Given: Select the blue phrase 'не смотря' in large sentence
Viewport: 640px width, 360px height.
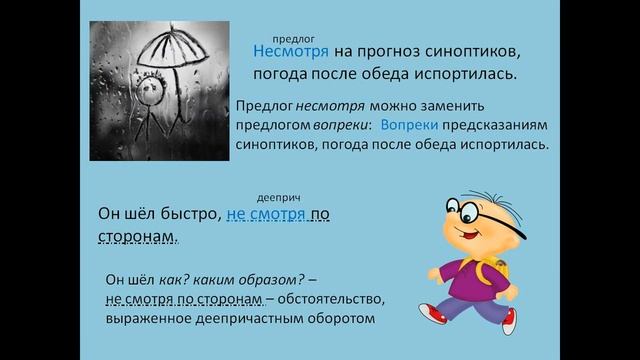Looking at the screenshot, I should (x=266, y=214).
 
